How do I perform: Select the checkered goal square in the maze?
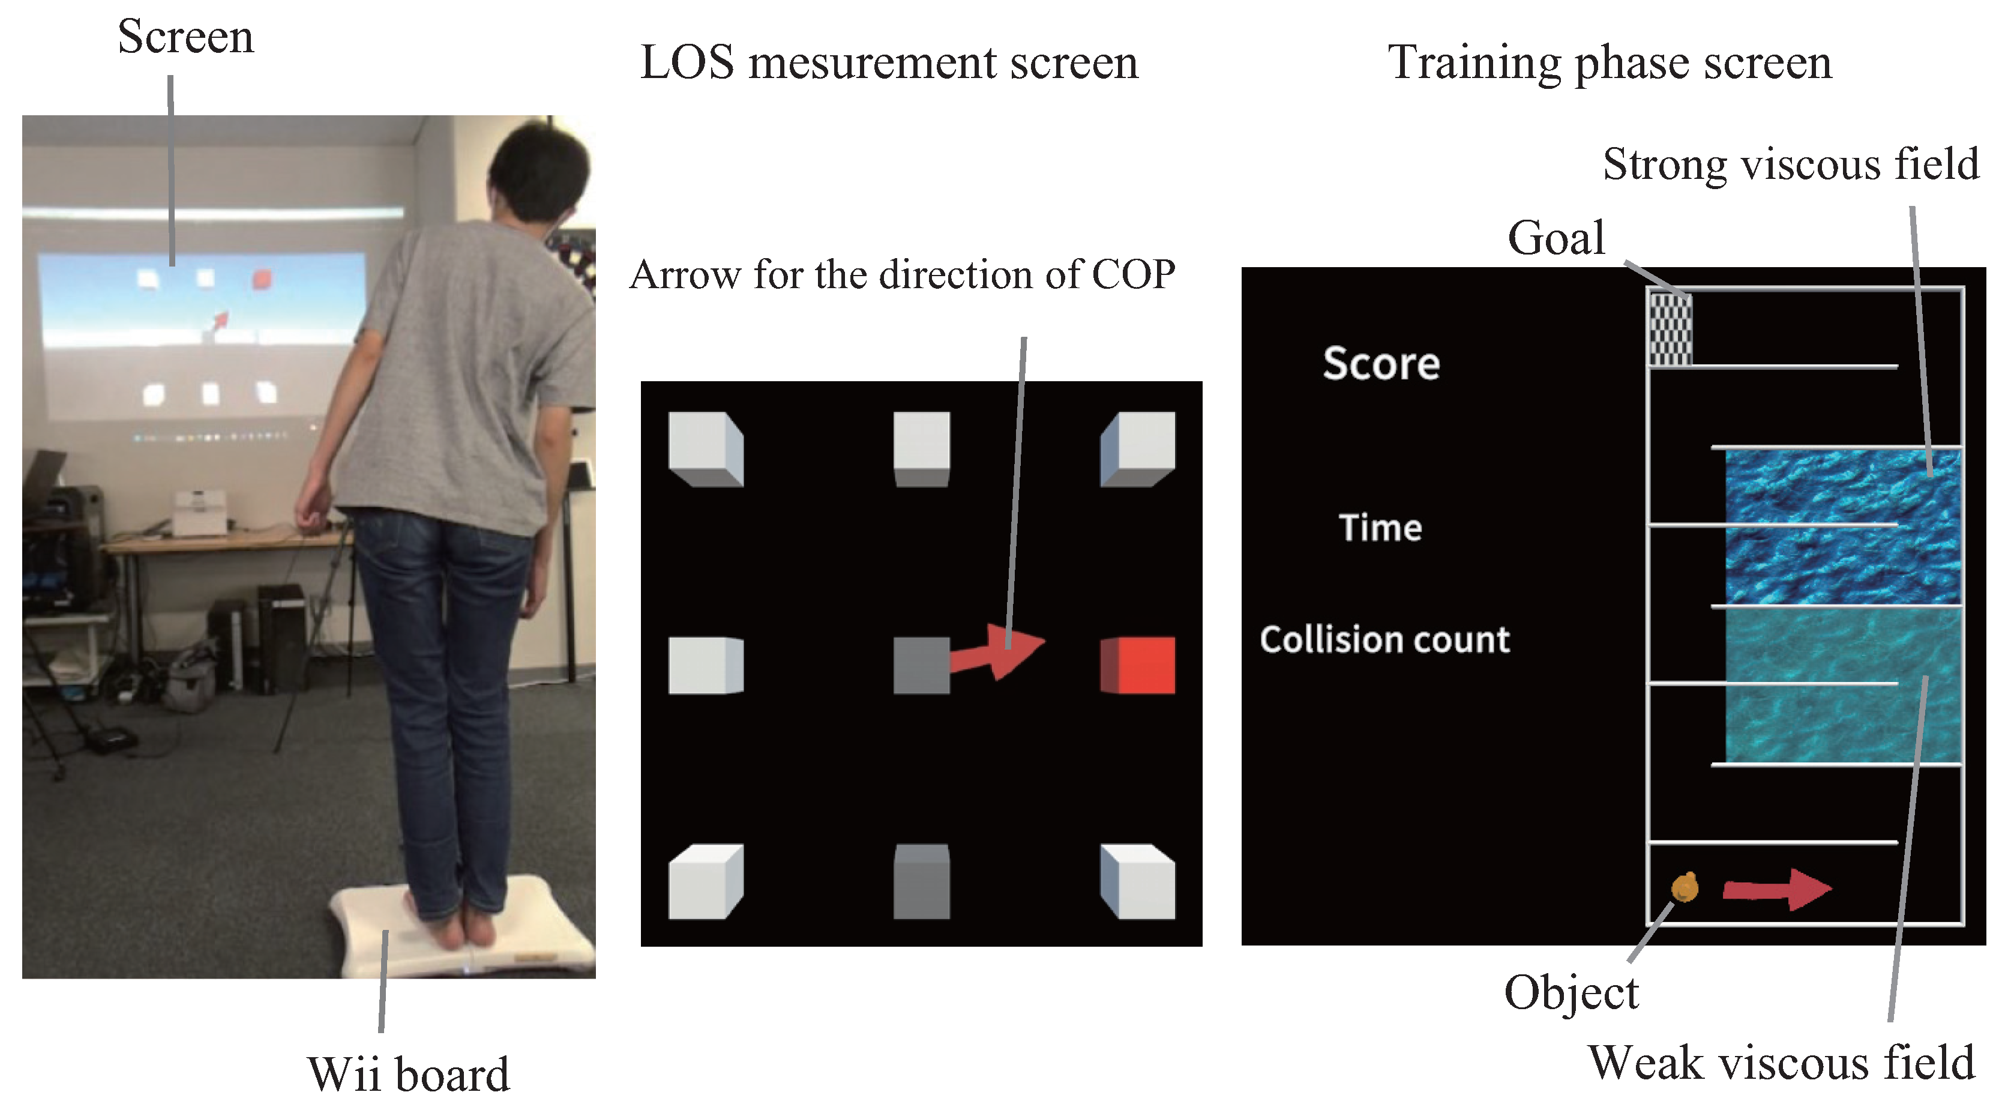[1669, 329]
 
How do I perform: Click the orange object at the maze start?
[1685, 887]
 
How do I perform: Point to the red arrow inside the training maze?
[1776, 888]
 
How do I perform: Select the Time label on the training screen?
[1380, 528]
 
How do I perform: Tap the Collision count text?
[1384, 639]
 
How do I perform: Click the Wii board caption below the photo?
[409, 1074]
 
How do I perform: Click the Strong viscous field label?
[1790, 164]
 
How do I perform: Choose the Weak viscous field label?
[1781, 1062]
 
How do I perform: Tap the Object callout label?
[1571, 992]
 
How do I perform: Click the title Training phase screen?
[1610, 62]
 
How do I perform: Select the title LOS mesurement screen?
[889, 62]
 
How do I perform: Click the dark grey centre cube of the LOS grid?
[921, 665]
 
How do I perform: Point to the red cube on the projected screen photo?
[262, 279]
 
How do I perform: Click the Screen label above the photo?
[185, 37]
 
